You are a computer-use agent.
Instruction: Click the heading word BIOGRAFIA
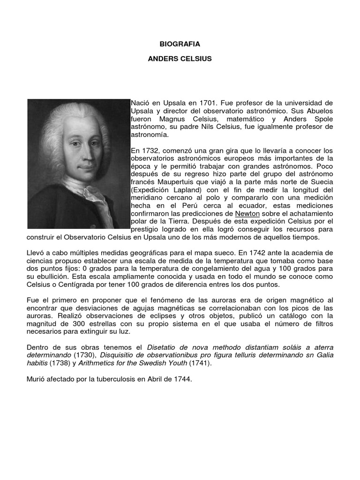point(180,44)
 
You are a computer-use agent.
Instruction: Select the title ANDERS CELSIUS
point(180,59)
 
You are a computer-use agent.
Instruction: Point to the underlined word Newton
point(247,213)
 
